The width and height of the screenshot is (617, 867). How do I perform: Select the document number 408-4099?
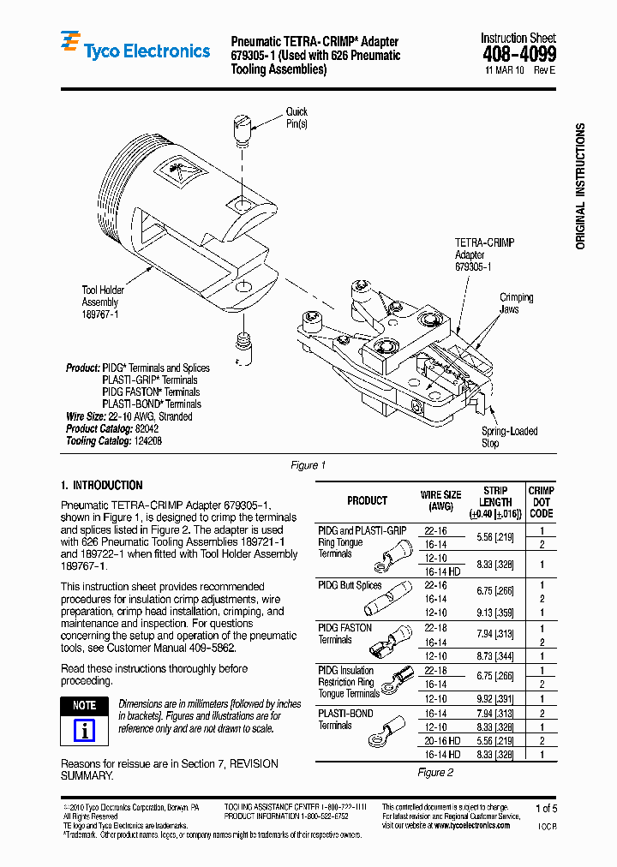518,54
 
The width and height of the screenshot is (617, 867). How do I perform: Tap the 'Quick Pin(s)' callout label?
297,117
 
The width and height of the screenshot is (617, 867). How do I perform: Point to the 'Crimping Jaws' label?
516,303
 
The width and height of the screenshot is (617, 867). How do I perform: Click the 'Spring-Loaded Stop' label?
509,437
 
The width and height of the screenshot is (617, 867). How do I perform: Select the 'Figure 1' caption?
308,465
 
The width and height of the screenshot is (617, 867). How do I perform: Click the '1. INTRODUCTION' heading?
102,485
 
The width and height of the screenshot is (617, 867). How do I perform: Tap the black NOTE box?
84,705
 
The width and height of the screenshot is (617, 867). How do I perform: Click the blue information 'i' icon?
84,730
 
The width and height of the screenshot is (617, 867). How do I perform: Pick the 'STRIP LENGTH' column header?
495,502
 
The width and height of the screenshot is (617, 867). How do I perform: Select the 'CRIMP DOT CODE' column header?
541,502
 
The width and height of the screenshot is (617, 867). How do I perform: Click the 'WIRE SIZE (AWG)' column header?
440,500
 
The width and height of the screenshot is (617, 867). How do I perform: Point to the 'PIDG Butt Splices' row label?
350,585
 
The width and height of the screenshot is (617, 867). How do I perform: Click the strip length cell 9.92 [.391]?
495,698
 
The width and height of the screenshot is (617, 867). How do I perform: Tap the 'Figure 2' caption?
435,772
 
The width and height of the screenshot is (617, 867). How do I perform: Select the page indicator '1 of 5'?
545,808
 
